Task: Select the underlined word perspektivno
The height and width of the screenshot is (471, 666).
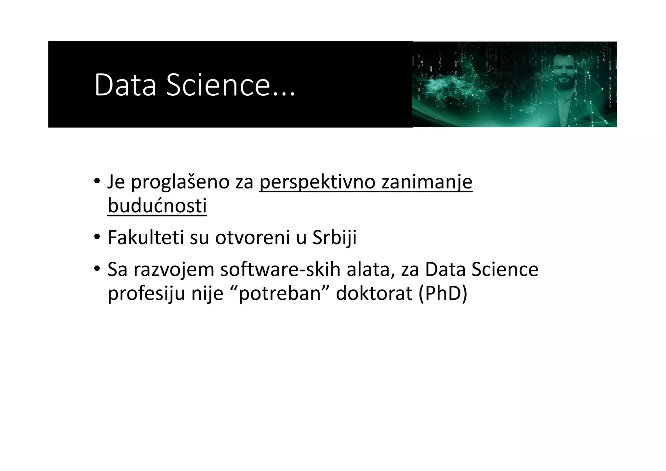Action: tap(317, 182)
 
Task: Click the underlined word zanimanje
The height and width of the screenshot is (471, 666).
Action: tap(427, 182)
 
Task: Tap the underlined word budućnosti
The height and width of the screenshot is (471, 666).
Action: tap(157, 206)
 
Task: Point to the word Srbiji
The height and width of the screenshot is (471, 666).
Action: tap(334, 237)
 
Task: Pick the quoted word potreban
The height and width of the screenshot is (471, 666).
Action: tap(280, 293)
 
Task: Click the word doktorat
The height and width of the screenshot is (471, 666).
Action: tap(374, 293)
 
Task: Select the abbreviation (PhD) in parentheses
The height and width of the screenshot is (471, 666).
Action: tap(443, 293)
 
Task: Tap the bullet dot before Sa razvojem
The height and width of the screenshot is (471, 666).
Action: tap(97, 269)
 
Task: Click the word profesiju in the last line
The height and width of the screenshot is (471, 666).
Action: tap(146, 293)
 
